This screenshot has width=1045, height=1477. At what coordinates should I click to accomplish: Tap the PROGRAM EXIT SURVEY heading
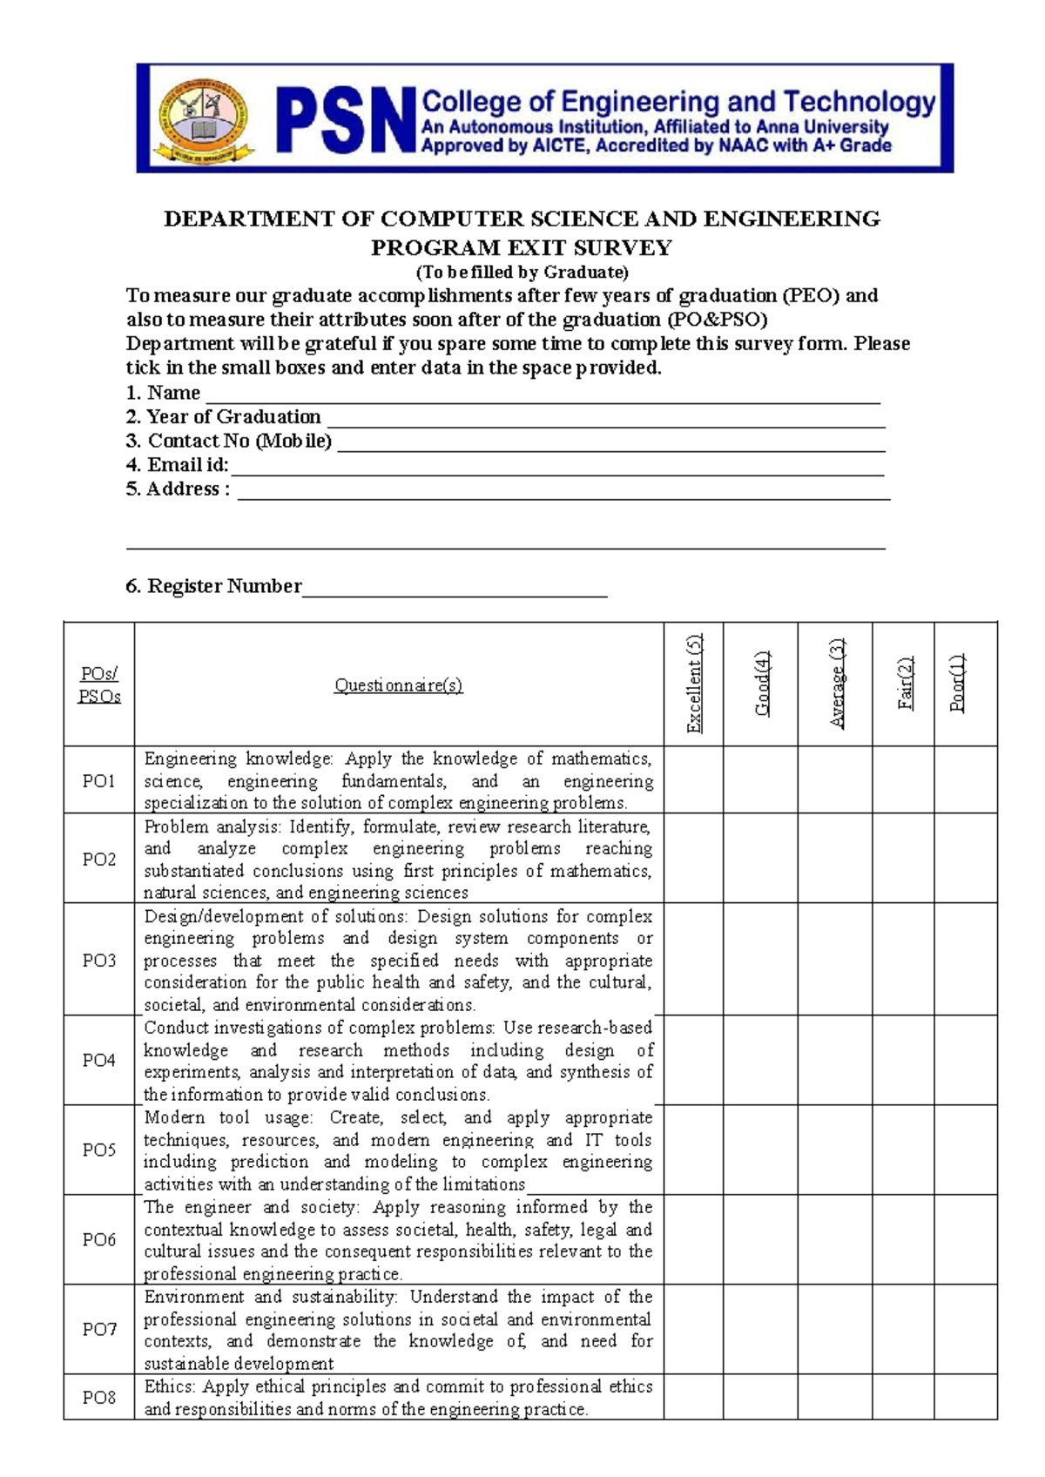(522, 248)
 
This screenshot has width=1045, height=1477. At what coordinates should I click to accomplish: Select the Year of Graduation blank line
(605, 421)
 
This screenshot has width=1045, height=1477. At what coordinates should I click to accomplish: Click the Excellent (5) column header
(693, 684)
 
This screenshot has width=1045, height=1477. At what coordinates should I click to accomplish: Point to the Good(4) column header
(761, 684)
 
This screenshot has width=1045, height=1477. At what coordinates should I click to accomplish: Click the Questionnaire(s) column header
(399, 685)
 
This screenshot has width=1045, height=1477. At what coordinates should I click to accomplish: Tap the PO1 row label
(98, 780)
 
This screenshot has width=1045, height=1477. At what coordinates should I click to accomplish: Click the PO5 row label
(98, 1150)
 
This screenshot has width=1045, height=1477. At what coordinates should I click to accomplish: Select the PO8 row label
(98, 1397)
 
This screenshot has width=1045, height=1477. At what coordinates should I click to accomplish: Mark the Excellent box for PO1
(693, 779)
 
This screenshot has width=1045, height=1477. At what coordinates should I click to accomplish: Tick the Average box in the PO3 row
(834, 959)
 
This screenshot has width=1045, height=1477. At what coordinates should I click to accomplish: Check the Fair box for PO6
(903, 1239)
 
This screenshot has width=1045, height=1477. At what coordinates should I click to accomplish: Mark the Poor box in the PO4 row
(965, 1060)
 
